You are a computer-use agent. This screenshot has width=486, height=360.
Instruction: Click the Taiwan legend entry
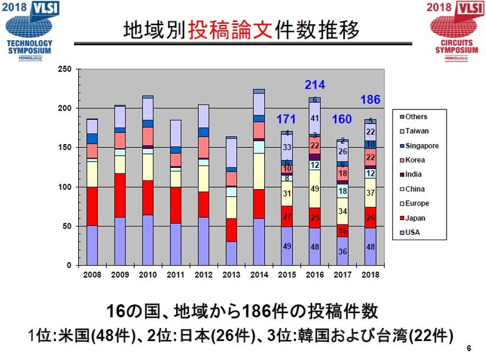416,131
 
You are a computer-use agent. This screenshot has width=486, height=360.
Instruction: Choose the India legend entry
414,175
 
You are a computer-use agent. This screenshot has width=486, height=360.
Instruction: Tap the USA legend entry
413,232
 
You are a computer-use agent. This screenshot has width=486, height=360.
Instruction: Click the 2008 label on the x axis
92,275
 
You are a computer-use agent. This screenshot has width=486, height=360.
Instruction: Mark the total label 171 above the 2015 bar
286,117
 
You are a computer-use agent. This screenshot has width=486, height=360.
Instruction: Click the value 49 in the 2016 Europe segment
314,189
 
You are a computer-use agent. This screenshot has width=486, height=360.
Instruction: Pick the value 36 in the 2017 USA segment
342,251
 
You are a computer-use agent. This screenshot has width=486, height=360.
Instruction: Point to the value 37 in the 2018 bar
370,193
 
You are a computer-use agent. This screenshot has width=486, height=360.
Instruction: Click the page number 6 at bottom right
468,348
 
